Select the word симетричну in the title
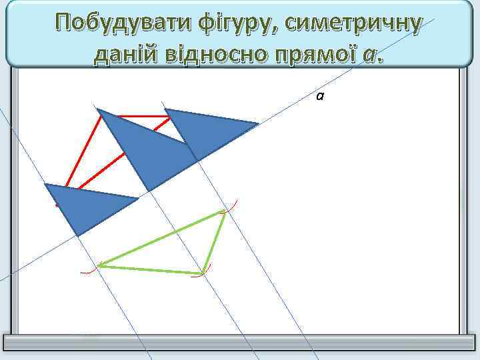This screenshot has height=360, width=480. (x=353, y=24)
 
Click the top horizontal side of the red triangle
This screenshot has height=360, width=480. (x=137, y=117)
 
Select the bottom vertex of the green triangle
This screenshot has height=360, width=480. (x=203, y=273)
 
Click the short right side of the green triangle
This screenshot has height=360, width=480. (x=213, y=241)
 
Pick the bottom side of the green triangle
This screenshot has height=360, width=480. (x=151, y=269)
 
